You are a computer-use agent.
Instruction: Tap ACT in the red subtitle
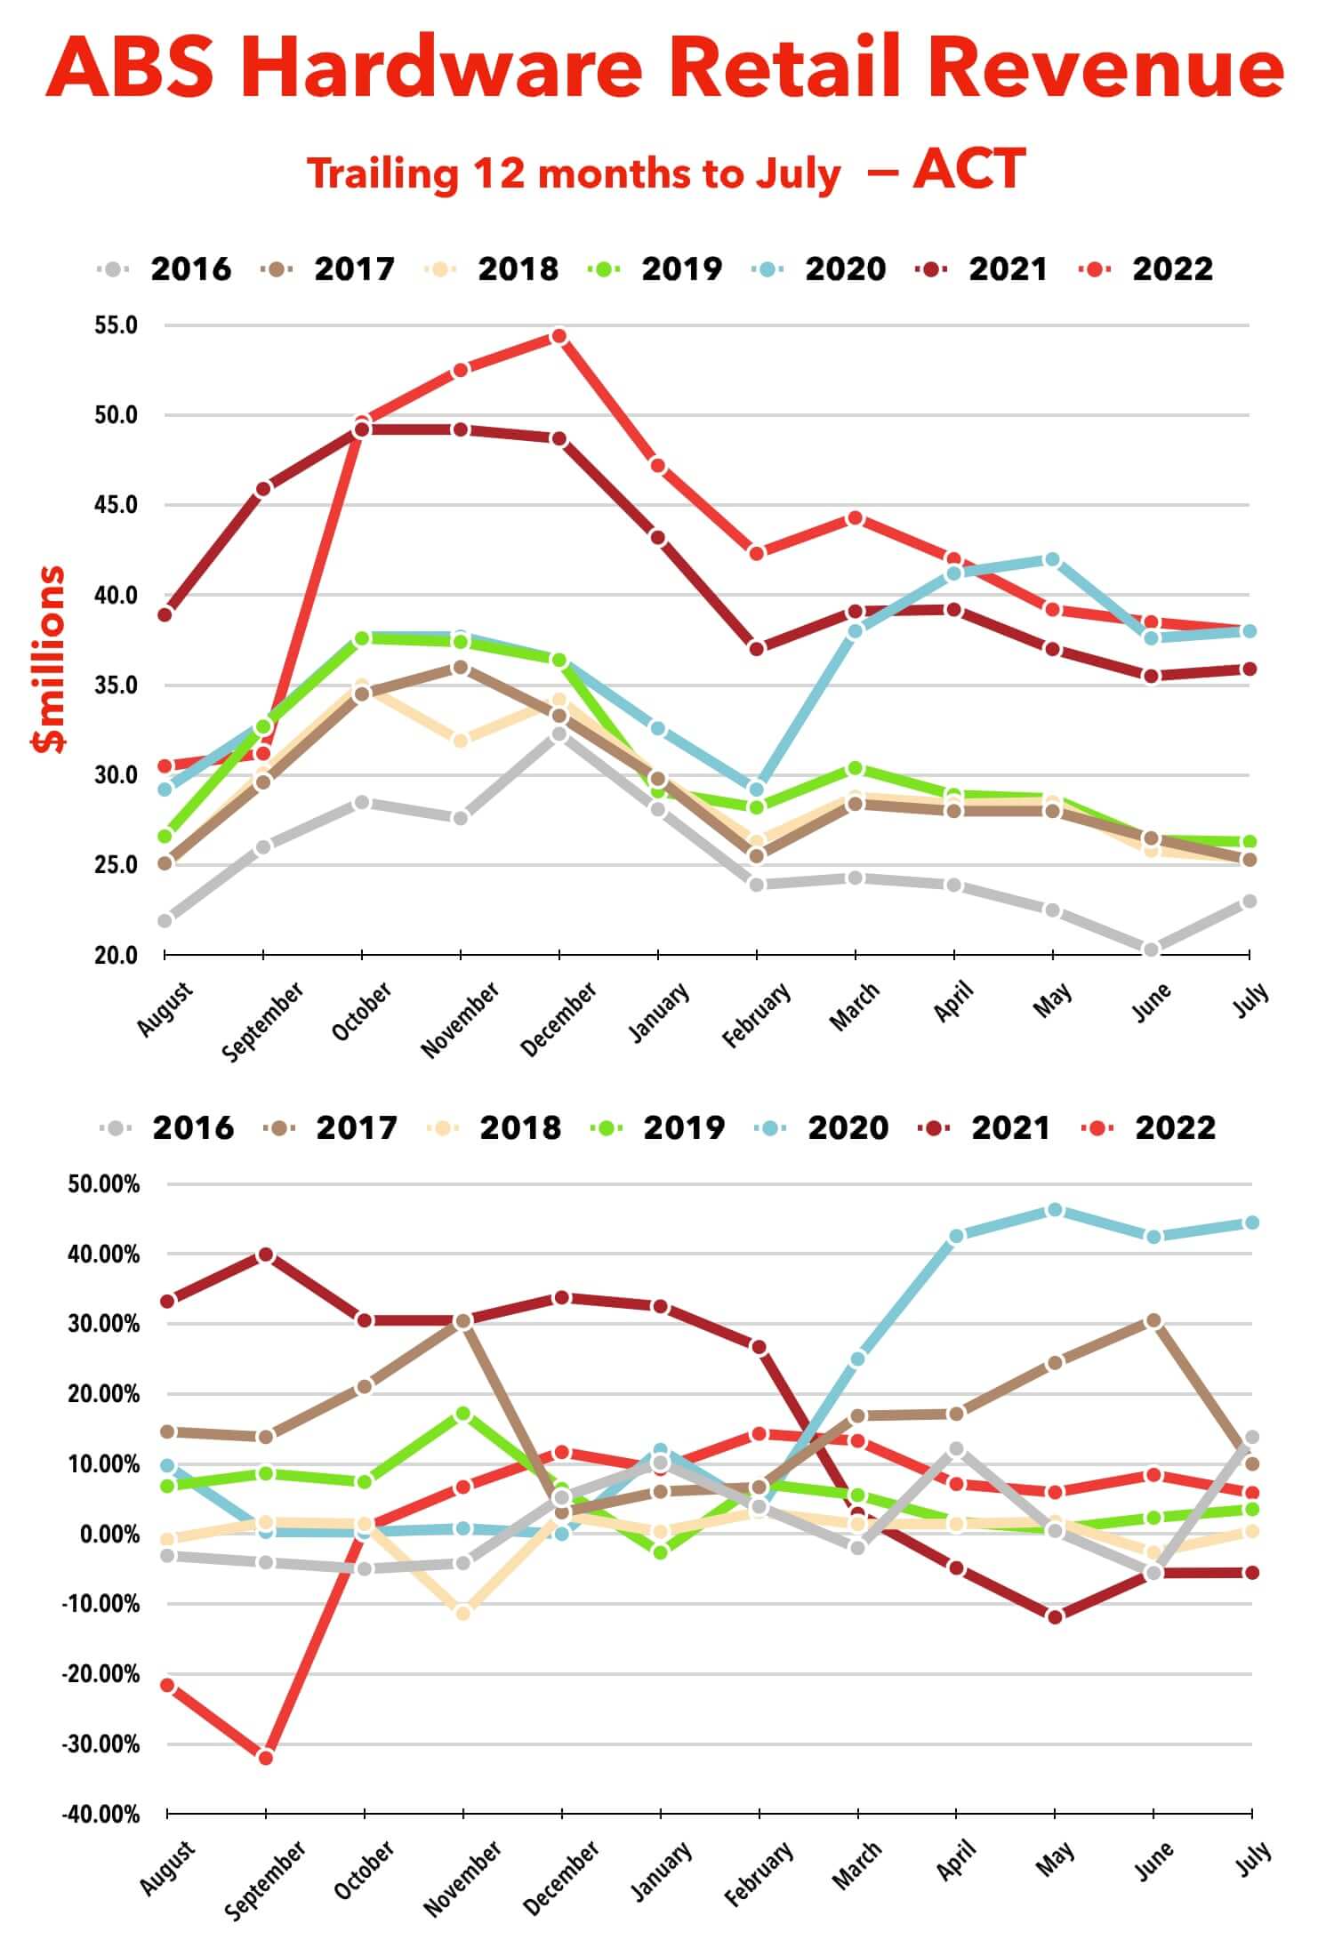(x=969, y=169)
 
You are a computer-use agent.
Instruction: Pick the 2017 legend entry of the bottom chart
(x=357, y=1127)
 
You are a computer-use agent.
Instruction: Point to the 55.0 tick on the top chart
(x=117, y=325)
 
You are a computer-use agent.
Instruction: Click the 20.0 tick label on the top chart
(x=117, y=956)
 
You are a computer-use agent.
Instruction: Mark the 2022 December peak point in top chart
(x=559, y=336)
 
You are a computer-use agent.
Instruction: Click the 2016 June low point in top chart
(x=1151, y=950)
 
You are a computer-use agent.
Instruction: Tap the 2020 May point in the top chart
(x=1052, y=559)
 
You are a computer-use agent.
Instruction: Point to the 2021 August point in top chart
(x=165, y=614)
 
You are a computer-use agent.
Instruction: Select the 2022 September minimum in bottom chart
(x=265, y=1758)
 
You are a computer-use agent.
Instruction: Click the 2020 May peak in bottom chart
(x=1055, y=1210)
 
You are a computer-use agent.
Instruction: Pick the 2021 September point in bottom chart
(x=265, y=1255)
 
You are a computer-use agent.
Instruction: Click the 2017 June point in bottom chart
(x=1153, y=1321)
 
